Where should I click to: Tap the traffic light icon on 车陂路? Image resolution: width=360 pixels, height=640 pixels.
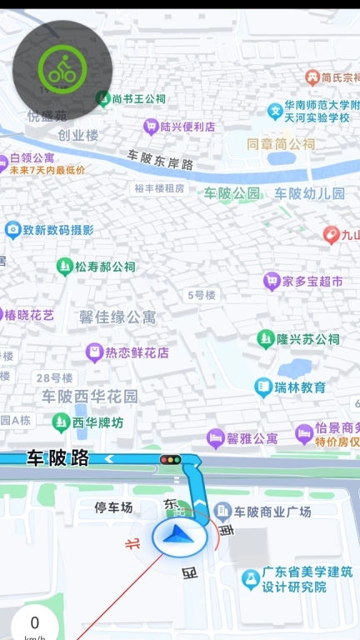click(x=170, y=459)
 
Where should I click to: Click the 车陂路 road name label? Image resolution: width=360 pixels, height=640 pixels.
click(x=57, y=457)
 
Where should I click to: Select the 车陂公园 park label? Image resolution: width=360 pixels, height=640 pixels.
click(x=232, y=193)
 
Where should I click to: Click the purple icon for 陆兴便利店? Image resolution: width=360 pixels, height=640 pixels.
click(x=151, y=127)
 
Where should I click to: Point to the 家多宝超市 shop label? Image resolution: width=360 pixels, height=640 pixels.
click(x=312, y=282)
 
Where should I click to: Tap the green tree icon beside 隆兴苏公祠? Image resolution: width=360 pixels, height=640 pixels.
click(x=266, y=339)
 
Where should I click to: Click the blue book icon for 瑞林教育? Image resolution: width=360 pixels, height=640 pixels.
click(x=263, y=387)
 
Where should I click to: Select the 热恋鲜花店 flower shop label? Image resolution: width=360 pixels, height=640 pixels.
click(x=137, y=352)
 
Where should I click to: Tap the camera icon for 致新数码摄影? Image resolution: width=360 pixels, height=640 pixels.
click(x=12, y=230)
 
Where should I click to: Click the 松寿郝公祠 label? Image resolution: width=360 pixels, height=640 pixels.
click(x=105, y=267)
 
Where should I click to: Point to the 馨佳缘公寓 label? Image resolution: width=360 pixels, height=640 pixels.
click(x=117, y=317)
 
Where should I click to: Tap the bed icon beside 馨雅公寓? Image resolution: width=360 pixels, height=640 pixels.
click(x=216, y=437)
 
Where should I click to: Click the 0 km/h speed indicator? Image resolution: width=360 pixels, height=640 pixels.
click(x=34, y=625)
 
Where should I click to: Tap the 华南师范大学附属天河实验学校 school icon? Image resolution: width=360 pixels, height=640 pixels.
click(x=275, y=110)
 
